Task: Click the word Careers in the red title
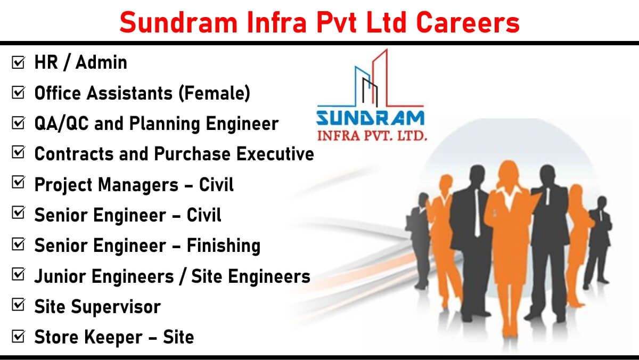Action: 468,22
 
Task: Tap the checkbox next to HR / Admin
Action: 19,62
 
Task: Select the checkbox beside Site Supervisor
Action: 19,305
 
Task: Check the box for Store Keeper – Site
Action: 19,336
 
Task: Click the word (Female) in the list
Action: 214,93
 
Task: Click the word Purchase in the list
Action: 192,154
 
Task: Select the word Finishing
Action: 223,246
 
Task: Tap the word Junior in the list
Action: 60,276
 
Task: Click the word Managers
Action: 138,185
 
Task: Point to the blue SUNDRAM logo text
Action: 370,118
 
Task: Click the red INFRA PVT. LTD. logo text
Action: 372,135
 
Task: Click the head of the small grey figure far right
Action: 602,202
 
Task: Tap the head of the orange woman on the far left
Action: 446,183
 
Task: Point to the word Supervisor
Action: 116,307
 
